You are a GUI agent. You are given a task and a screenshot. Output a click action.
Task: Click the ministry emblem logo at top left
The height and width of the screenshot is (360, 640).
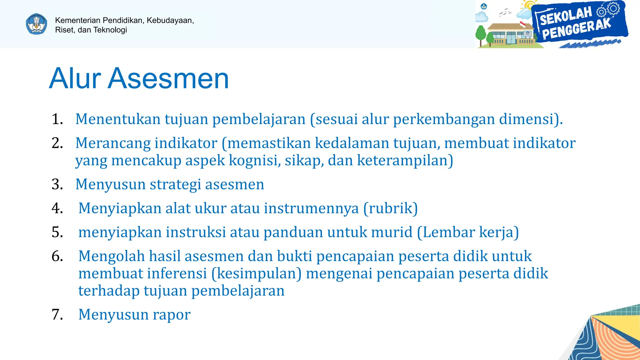[x=37, y=24]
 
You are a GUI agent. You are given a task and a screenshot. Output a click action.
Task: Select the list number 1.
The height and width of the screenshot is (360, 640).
[x=57, y=119]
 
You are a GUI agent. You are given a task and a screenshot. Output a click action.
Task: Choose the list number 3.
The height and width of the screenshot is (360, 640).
[x=57, y=184]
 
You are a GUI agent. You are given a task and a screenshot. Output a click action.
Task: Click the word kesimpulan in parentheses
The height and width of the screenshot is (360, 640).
[x=256, y=273]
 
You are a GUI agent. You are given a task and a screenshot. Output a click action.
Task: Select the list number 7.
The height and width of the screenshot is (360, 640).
[x=57, y=314]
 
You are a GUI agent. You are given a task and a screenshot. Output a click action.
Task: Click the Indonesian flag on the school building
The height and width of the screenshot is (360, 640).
[x=522, y=24]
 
